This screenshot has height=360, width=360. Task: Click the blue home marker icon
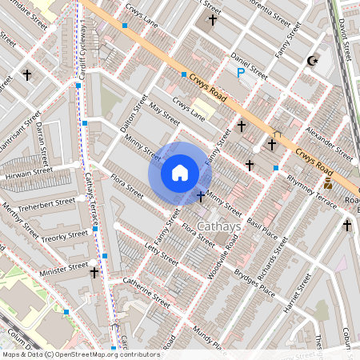point(180,172)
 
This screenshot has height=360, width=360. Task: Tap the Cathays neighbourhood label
point(218,226)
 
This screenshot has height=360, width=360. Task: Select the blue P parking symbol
point(241,73)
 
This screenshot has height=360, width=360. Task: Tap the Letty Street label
point(160,254)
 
